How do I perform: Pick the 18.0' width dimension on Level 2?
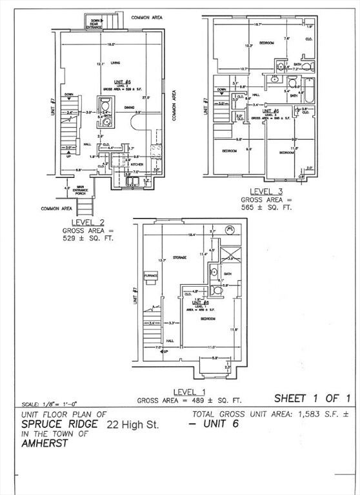pyautogui.click(x=111, y=44)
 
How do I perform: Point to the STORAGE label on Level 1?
pyautogui.click(x=179, y=257)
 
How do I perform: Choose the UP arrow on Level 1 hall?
pyautogui.click(x=165, y=351)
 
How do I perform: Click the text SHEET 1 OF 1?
pyautogui.click(x=312, y=398)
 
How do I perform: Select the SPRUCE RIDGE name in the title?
pyautogui.click(x=60, y=425)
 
